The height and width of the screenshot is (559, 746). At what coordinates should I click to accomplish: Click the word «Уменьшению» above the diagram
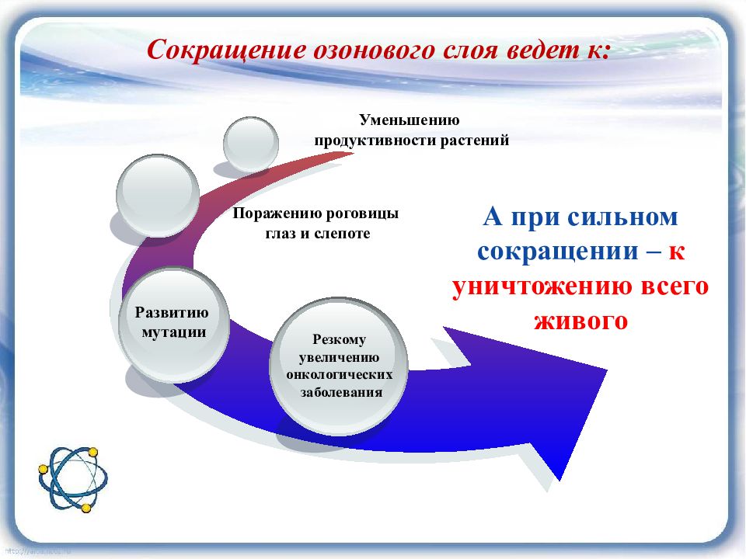click(x=410, y=120)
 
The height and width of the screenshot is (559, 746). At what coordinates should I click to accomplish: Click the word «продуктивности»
click(x=375, y=141)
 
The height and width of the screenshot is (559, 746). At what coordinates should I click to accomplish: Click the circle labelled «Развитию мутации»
click(x=173, y=325)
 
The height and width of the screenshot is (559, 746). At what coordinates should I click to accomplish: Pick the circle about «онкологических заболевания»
click(x=339, y=366)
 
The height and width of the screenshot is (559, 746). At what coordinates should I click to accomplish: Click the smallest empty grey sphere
click(x=251, y=144)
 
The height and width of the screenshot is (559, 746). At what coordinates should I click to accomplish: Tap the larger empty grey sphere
click(x=158, y=196)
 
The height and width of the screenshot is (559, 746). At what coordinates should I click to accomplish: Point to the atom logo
click(x=73, y=479)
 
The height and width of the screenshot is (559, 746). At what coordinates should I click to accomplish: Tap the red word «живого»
click(x=581, y=321)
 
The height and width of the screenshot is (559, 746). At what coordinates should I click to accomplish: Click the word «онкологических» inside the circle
click(x=340, y=375)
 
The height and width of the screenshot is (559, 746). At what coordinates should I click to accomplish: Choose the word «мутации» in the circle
click(x=174, y=332)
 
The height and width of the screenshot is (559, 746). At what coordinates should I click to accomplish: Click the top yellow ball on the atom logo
click(x=93, y=452)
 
